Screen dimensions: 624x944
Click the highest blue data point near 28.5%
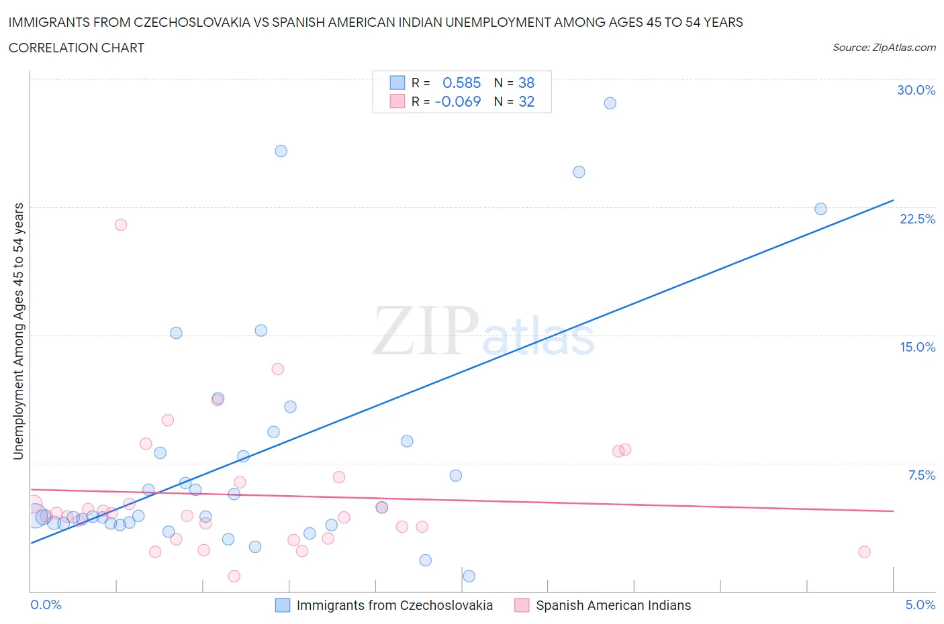click(610, 103)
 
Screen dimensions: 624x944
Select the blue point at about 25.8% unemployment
click(281, 151)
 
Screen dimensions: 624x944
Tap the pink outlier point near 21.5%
click(121, 225)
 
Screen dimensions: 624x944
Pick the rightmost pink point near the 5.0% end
click(864, 552)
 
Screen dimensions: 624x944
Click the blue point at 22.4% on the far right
click(820, 209)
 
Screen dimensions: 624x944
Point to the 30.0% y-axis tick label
click(916, 91)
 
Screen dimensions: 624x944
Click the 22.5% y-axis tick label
click(917, 219)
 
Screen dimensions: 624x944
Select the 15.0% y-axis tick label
click(917, 347)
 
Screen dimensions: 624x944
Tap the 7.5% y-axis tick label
click(921, 475)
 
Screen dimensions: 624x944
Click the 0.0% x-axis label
click(46, 605)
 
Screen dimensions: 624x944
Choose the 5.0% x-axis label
click(920, 605)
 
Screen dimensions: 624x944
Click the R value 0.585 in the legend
click(462, 83)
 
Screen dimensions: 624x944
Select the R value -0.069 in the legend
click(458, 102)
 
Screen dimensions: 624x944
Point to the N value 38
click(526, 83)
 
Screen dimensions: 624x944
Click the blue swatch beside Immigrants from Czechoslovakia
click(283, 605)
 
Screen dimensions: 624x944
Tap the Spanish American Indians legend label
click(613, 605)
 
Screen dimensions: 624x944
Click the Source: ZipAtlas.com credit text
click(884, 48)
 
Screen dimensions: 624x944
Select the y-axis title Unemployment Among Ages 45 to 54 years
click(19, 331)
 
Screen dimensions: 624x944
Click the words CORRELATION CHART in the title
click(77, 48)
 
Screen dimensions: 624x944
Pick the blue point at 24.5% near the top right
click(579, 172)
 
